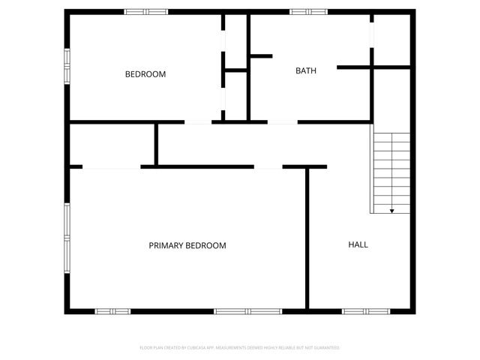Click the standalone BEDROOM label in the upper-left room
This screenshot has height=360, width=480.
pyautogui.click(x=145, y=74)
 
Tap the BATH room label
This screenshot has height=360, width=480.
pyautogui.click(x=305, y=71)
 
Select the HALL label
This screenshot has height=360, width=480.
pyautogui.click(x=358, y=244)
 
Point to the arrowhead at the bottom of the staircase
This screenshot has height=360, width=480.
pyautogui.click(x=391, y=211)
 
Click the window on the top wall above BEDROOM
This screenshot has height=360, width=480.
pyautogui.click(x=146, y=11)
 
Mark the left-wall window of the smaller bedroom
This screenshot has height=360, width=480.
pyautogui.click(x=67, y=59)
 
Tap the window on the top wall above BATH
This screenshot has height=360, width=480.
pyautogui.click(x=309, y=11)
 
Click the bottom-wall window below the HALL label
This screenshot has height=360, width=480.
pyautogui.click(x=365, y=310)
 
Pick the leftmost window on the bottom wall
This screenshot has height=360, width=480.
pyautogui.click(x=112, y=310)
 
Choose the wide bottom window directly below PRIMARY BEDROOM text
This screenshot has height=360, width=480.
pyautogui.click(x=247, y=310)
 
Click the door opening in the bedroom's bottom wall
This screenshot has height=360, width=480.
pyautogui.click(x=198, y=121)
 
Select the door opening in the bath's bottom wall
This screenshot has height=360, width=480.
pyautogui.click(x=282, y=121)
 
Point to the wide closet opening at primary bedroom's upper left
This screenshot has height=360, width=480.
pyautogui.click(x=112, y=166)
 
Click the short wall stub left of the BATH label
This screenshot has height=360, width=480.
pyautogui.click(x=260, y=55)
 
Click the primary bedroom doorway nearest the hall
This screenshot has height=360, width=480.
pyautogui.click(x=268, y=166)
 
